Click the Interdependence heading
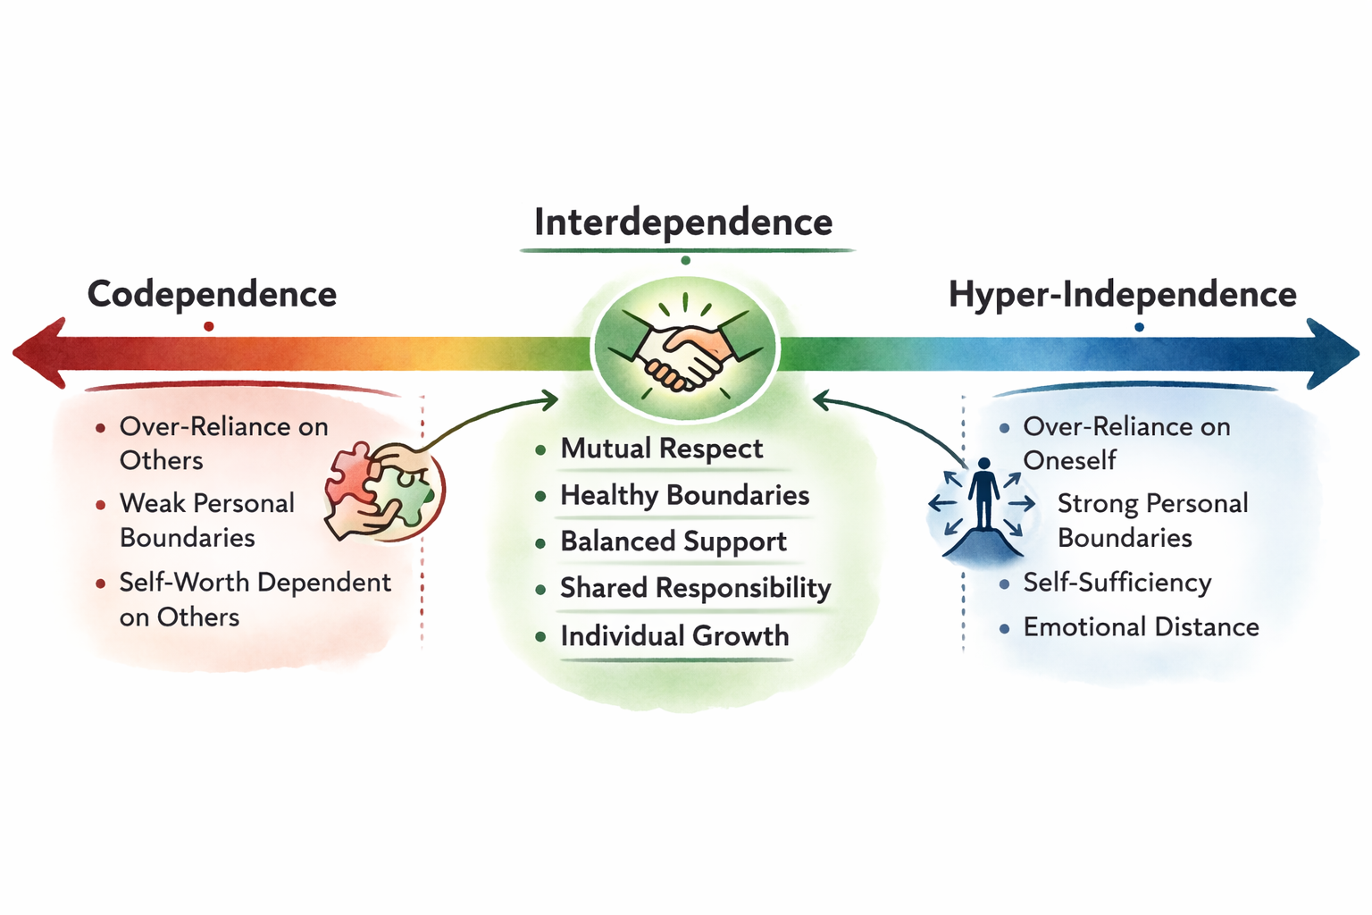coord(683,222)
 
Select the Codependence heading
coord(212,294)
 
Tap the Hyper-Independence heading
coord(1122,294)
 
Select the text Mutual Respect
coord(661,449)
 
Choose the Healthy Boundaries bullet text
coord(684,495)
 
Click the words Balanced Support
coord(673,541)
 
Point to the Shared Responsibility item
coord(695,588)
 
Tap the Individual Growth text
coord(674,636)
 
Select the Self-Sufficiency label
coord(1117,583)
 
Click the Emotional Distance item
coord(1141,627)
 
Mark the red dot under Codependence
coord(208,327)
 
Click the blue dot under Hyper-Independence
coord(1139,328)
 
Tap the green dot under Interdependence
coord(685,261)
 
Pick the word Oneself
coord(1069,461)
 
